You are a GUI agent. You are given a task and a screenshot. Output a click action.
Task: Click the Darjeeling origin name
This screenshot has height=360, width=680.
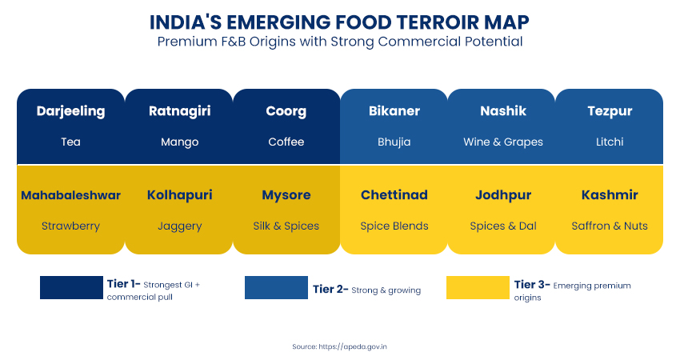70,111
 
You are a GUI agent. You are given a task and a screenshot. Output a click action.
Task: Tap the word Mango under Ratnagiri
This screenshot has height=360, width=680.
179,142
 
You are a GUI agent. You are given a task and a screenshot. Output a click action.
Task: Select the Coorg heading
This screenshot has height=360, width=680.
286,111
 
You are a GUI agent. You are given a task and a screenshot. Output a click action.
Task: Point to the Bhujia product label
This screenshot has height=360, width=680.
394,142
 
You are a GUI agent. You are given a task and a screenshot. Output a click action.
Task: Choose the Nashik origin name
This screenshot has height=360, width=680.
503,111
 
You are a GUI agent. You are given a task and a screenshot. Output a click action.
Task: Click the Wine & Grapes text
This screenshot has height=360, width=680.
503,142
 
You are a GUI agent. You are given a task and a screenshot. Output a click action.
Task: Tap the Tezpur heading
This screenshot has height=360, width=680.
609,111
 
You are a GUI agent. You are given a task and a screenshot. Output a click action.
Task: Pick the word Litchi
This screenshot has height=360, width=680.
609,142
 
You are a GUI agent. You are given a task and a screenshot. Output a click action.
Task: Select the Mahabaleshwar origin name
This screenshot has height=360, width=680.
70,195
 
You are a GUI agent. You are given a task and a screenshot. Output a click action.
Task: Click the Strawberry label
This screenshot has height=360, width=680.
70,226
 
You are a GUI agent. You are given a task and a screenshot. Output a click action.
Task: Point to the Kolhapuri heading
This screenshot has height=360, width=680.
179,195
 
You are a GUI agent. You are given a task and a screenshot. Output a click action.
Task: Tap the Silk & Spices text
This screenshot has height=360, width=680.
286,226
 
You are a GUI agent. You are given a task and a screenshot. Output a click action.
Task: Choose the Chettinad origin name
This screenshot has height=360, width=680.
394,195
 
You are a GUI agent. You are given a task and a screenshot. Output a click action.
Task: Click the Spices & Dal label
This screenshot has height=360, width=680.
503,226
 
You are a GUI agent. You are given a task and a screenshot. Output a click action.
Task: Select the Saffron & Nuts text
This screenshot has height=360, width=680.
609,226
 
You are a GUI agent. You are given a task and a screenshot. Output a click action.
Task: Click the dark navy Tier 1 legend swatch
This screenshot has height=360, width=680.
71,287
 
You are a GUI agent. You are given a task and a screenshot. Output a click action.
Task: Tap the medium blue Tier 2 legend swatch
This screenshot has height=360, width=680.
276,287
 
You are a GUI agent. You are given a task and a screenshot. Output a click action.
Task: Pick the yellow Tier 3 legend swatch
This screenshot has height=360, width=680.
478,287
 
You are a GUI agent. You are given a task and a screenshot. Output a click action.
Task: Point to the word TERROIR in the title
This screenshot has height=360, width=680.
424,20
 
